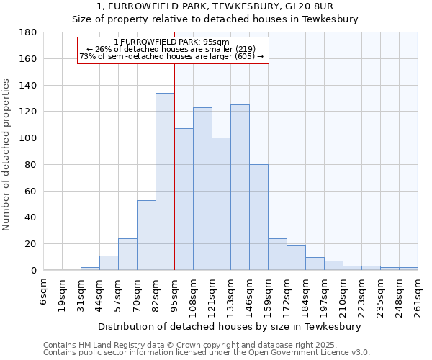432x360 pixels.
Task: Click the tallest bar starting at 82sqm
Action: coord(165,181)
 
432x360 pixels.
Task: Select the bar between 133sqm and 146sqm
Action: coord(240,187)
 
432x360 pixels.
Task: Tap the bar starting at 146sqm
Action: coord(258,217)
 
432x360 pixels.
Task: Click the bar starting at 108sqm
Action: coord(202,189)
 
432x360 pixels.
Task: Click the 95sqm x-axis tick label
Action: coord(175,293)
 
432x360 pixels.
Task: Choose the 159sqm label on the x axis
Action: coord(269,295)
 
